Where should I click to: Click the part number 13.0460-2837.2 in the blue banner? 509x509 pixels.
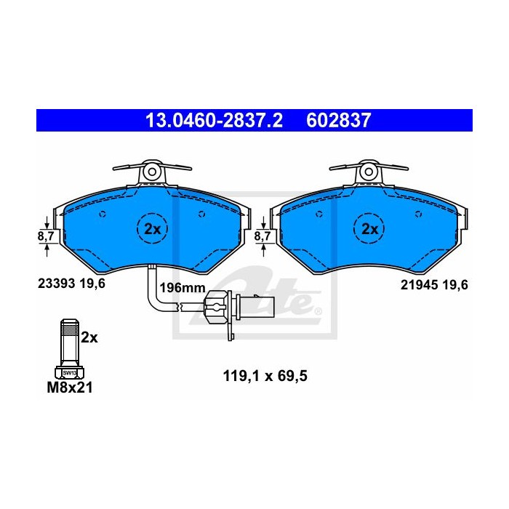[214, 121]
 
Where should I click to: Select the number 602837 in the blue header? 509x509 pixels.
[338, 121]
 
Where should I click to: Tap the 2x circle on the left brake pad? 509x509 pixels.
[152, 228]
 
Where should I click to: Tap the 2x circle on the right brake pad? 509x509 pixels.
[369, 228]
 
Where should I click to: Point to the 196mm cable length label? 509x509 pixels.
[183, 288]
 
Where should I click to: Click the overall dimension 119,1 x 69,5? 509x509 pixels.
[265, 376]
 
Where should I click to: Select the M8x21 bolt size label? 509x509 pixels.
[70, 388]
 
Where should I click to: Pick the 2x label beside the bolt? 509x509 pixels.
[89, 338]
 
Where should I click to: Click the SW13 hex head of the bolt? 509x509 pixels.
[70, 372]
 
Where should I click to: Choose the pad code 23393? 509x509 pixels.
[57, 284]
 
